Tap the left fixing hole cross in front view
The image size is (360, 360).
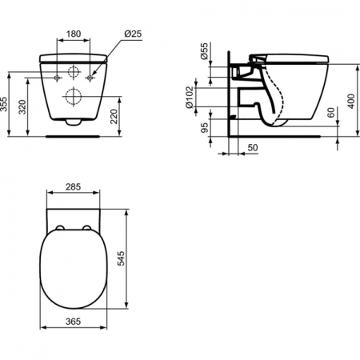pyautogui.click(x=57, y=78)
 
